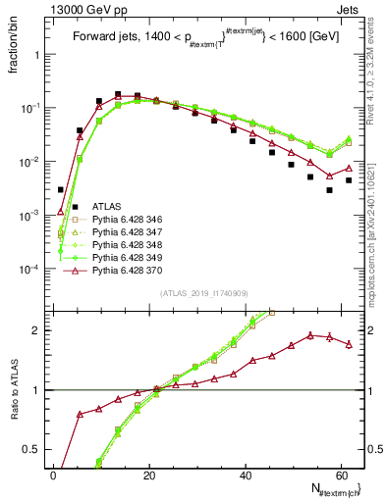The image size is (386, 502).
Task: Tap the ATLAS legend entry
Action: (107, 207)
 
